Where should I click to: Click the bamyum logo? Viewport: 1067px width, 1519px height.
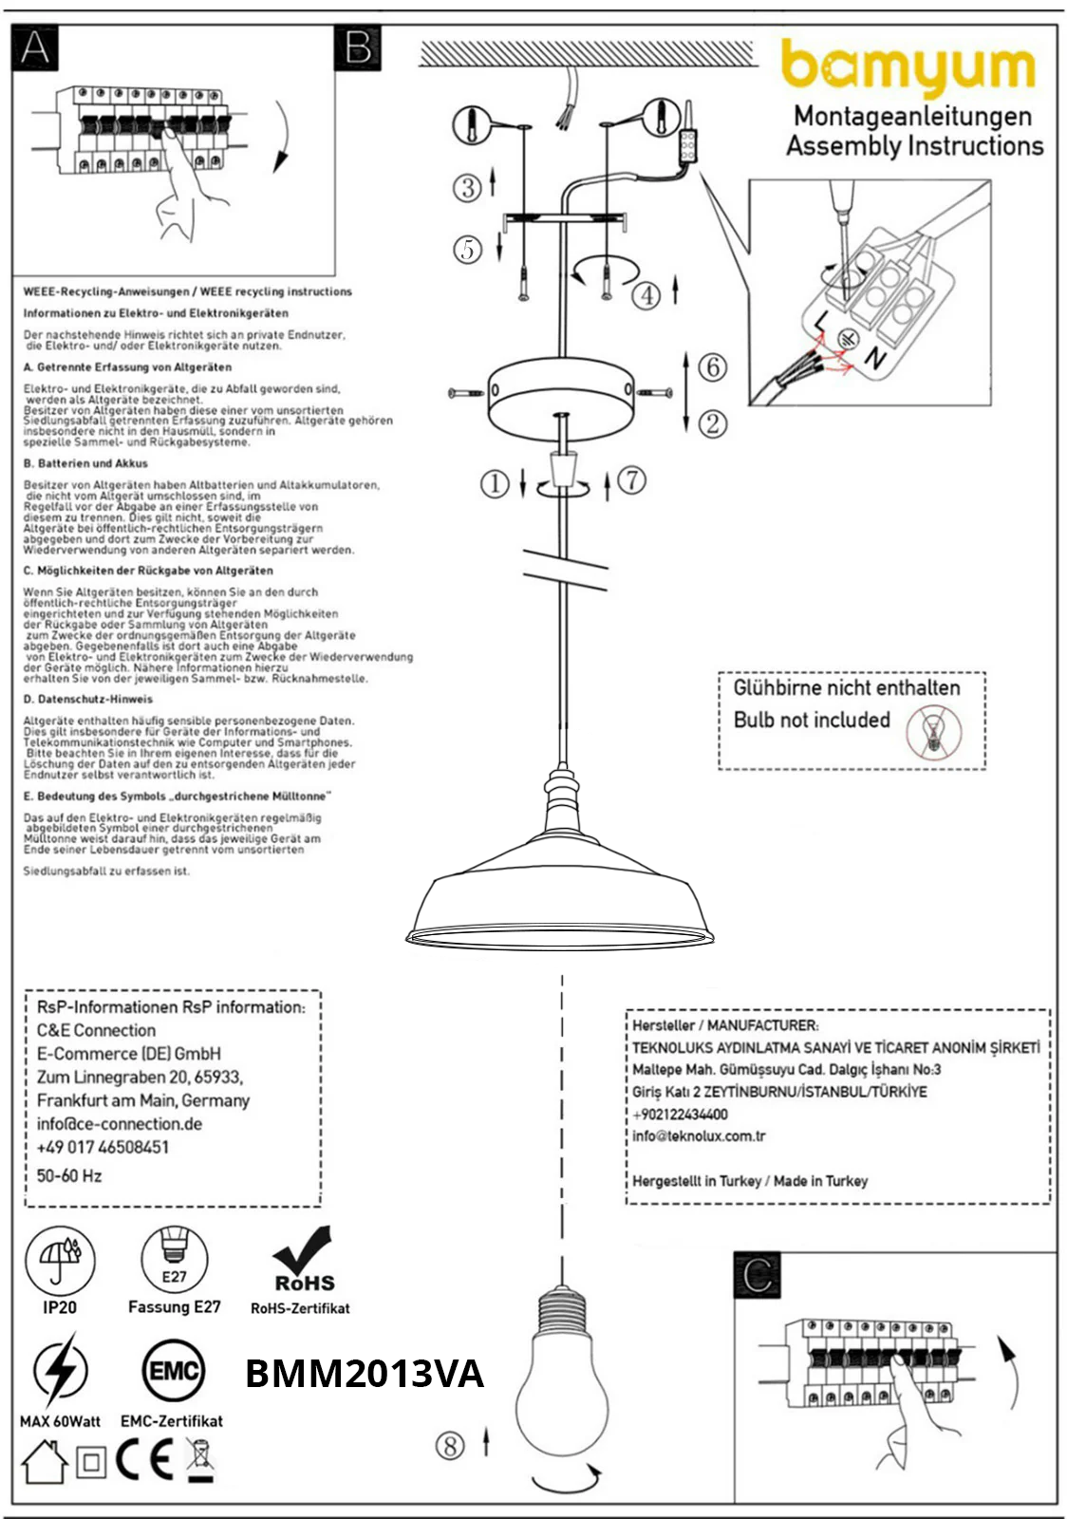pos(908,68)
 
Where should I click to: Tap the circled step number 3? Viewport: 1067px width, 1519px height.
pos(466,187)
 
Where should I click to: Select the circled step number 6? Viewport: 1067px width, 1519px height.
pos(713,366)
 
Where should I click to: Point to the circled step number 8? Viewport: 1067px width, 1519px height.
pos(450,1446)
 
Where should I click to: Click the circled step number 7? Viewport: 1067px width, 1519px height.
pos(632,479)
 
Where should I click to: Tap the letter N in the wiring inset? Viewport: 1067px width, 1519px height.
pos(874,359)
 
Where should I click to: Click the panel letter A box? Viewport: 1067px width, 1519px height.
pos(35,47)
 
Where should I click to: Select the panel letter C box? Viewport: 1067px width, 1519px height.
pos(757,1275)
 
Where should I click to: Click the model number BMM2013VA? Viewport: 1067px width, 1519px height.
pos(365,1374)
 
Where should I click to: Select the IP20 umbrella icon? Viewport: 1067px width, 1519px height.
pos(60,1261)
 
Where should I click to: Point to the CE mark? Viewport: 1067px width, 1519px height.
pos(145,1461)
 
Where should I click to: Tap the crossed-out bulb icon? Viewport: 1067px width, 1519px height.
pos(933,732)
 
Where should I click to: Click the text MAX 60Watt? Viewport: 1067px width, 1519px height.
pos(60,1421)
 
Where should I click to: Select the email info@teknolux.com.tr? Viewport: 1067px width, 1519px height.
pos(699,1135)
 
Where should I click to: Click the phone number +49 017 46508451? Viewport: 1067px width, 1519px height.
pos(103,1147)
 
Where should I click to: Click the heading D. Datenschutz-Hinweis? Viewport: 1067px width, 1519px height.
pos(88,699)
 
